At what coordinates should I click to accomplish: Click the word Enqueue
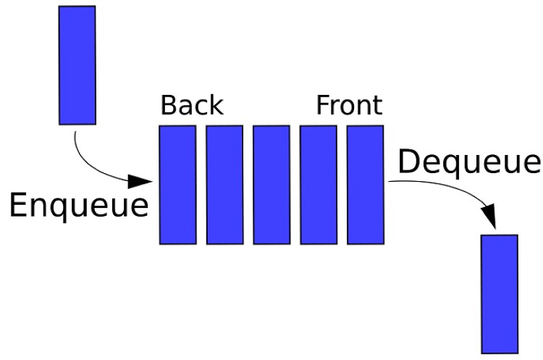(x=79, y=206)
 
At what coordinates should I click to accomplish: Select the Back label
(x=192, y=105)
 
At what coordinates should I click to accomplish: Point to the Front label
(x=350, y=105)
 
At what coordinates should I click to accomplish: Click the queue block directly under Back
(x=178, y=185)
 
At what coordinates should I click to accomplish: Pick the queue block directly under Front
(x=366, y=185)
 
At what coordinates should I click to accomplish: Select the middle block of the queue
(x=271, y=185)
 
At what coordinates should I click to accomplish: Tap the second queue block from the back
(x=224, y=185)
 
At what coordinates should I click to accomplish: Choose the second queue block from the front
(x=319, y=185)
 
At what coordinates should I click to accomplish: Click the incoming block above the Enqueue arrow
(x=77, y=65)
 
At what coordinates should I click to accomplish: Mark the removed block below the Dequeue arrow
(x=500, y=294)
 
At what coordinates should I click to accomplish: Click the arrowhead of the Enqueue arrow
(x=140, y=181)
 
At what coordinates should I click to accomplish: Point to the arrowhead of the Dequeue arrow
(x=489, y=217)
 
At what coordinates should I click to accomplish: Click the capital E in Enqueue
(x=18, y=205)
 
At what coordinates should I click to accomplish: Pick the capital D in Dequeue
(x=409, y=161)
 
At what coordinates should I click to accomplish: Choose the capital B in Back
(x=169, y=105)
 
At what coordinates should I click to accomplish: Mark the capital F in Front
(x=324, y=105)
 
